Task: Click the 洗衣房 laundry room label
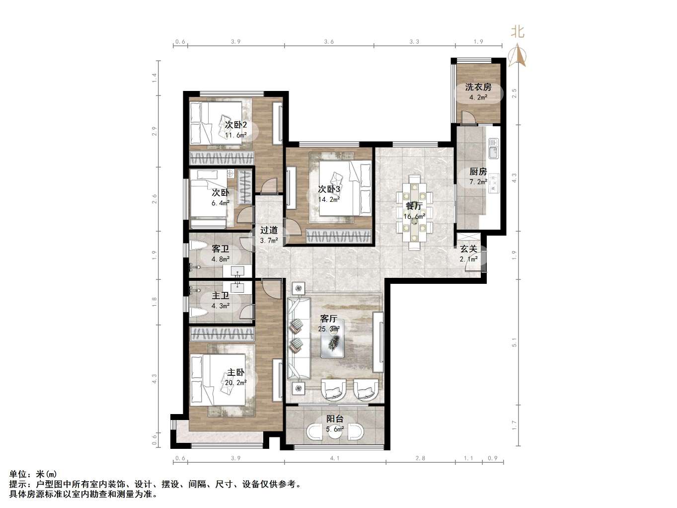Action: (478, 87)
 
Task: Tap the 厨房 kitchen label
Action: (478, 171)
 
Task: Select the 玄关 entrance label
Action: (468, 249)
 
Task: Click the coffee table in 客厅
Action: (332, 339)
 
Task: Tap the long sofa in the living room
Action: (299, 338)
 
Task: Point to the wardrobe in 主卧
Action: (222, 334)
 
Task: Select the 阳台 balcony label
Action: (335, 419)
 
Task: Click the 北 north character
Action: (518, 32)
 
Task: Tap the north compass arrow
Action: (518, 56)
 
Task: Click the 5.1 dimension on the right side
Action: (514, 342)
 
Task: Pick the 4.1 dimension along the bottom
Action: (335, 458)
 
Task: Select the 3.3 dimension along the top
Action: (414, 41)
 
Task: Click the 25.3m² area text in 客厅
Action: (329, 329)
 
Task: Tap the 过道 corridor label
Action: (269, 230)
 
